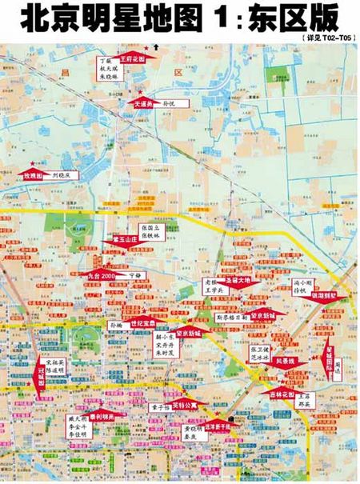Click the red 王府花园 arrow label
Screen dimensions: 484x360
click(x=131, y=58)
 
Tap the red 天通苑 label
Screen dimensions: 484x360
click(x=142, y=103)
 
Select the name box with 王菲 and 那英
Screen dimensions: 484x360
click(x=303, y=402)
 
